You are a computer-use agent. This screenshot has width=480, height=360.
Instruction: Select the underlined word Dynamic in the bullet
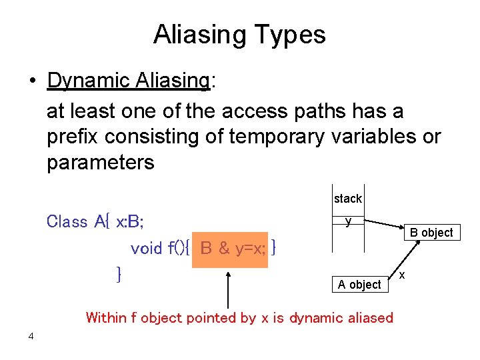point(87,81)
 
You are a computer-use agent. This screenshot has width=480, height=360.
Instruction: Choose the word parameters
point(100,162)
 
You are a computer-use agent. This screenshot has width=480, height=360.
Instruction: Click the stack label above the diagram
point(348,199)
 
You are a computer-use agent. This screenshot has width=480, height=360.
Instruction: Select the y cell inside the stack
point(348,222)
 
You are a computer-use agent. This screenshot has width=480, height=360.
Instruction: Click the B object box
point(431,233)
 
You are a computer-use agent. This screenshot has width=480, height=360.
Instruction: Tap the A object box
point(359,285)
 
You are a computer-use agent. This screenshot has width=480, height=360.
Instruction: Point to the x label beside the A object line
point(401,275)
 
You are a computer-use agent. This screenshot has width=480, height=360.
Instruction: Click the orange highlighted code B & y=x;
point(230,249)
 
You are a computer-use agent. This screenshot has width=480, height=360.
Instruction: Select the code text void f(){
point(161,249)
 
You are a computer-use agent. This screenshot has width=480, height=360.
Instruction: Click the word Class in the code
point(67,221)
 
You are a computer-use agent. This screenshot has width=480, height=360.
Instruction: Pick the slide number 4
point(31,336)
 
